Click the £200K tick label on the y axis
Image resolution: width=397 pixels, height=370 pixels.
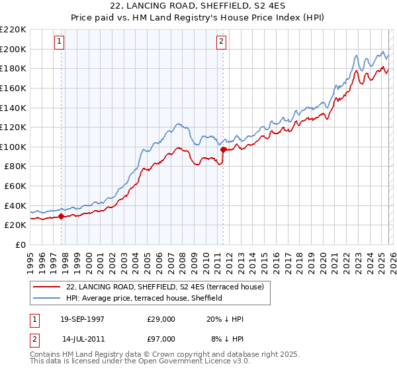point(13,49)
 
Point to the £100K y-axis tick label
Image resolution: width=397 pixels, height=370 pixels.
point(13,147)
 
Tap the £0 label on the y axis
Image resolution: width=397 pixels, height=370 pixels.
point(21,244)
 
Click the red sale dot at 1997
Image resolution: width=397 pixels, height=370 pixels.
point(62,216)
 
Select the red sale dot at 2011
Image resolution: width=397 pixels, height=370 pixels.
point(223,149)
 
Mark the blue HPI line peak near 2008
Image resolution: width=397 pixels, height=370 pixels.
point(178,123)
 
